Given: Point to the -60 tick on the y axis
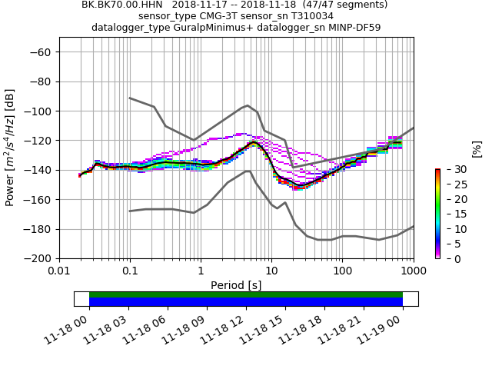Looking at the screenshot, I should click(43, 52).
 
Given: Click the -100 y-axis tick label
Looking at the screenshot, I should click(40, 111).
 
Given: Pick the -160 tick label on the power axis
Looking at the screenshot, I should click(40, 200).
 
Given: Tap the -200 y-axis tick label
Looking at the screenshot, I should click(40, 259).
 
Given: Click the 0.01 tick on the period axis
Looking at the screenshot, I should click(59, 271).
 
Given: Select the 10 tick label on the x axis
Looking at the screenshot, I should click(271, 271).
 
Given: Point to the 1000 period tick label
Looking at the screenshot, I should click(413, 271).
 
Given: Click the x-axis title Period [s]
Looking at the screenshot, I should click(236, 285).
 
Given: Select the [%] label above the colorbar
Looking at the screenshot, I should click(477, 149).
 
